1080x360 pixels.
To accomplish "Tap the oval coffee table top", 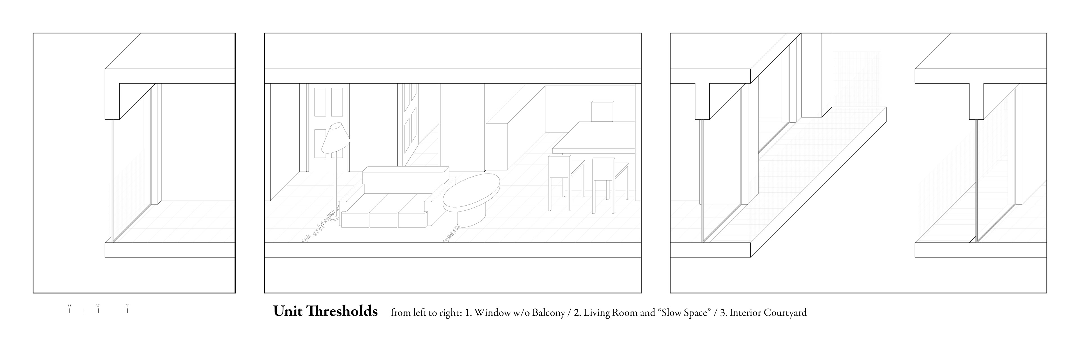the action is click(x=472, y=193).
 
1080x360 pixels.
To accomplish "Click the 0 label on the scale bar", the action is click(x=69, y=305).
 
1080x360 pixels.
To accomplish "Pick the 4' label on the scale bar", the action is click(x=127, y=305).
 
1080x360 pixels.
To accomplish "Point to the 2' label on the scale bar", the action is click(x=98, y=305).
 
